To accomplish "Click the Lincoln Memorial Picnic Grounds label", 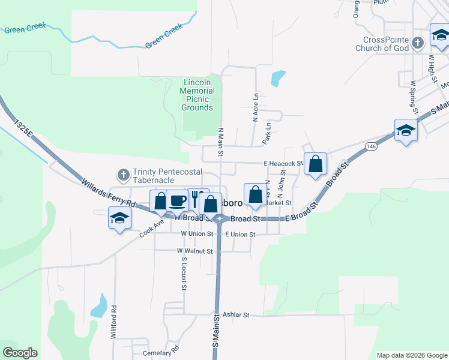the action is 197,95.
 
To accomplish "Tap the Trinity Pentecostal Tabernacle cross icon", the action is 123,175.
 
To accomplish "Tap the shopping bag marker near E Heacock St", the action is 315,164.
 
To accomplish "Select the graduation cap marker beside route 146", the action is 406,131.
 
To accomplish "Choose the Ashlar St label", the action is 235,314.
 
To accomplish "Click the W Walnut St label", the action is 195,251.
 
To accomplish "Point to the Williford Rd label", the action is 113,323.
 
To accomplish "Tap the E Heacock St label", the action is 283,163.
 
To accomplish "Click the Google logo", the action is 20,353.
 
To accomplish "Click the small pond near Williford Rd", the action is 99,308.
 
